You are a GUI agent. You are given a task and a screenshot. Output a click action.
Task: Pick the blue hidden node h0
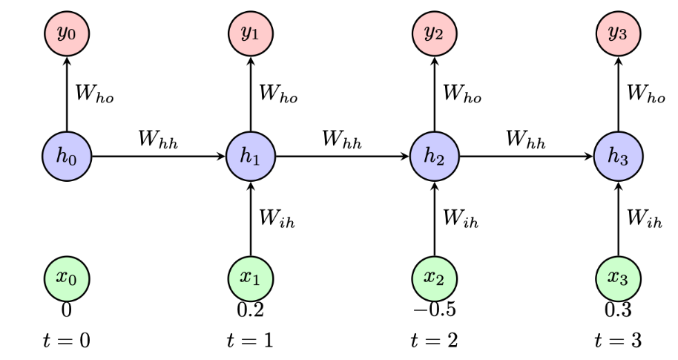click(x=66, y=157)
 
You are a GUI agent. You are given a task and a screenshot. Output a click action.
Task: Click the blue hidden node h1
click(x=251, y=157)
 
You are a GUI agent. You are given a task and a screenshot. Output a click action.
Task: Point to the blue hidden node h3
click(x=619, y=157)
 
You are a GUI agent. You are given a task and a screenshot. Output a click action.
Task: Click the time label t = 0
click(x=66, y=341)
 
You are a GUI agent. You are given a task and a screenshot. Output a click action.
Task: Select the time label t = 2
click(x=435, y=341)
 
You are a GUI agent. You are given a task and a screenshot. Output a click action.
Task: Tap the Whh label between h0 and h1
click(x=158, y=140)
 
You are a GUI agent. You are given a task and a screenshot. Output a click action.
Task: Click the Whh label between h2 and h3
click(x=527, y=140)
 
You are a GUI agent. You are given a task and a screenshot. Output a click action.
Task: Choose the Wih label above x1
click(x=278, y=218)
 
